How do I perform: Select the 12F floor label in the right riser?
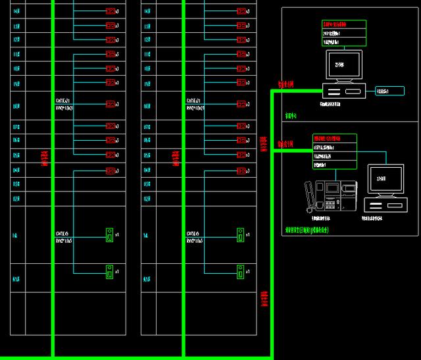click(146, 39)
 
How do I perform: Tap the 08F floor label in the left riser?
click(16, 105)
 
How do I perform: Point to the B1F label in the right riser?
click(146, 278)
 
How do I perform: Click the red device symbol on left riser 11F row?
click(111, 54)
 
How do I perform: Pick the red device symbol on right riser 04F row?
click(241, 170)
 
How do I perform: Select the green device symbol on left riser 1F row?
click(110, 234)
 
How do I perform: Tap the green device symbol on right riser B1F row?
click(241, 270)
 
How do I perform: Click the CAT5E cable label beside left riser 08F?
click(64, 101)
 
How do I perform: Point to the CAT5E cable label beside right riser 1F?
click(193, 233)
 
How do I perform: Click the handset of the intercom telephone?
click(309, 195)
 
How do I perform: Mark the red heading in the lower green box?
click(330, 138)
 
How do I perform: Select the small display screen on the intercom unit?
click(328, 189)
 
